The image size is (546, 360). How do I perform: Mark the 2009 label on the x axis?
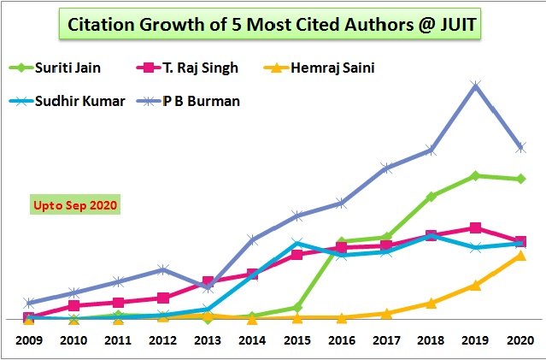pyautogui.click(x=29, y=339)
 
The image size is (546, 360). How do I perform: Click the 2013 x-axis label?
pyautogui.click(x=207, y=339)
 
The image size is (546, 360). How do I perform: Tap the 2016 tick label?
pyautogui.click(x=341, y=339)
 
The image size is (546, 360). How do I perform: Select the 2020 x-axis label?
pyautogui.click(x=519, y=339)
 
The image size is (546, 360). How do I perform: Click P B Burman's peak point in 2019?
pyautogui.click(x=475, y=86)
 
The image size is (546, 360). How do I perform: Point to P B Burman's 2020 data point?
pyautogui.click(x=520, y=148)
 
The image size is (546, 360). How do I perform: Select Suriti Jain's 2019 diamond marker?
pyautogui.click(x=475, y=175)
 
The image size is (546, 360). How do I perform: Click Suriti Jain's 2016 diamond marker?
pyautogui.click(x=341, y=242)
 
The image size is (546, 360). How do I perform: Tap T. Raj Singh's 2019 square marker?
pyautogui.click(x=475, y=228)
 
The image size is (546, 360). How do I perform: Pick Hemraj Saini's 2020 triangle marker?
pyautogui.click(x=520, y=256)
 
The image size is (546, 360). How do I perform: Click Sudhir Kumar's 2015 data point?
pyautogui.click(x=296, y=243)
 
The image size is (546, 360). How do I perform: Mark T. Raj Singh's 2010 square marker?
pyautogui.click(x=73, y=305)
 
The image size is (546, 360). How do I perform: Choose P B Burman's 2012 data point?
pyautogui.click(x=162, y=269)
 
